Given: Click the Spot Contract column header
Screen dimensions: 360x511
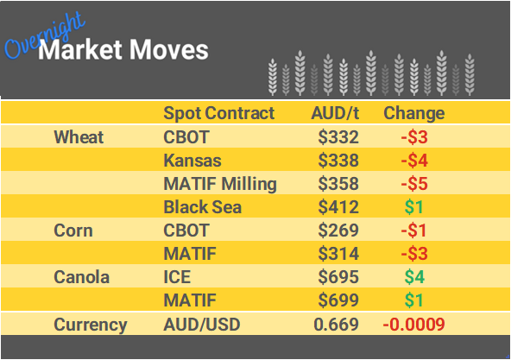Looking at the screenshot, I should (218, 113).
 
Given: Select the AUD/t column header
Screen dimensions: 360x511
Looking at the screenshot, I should (336, 113).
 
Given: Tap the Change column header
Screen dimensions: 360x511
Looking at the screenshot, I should (413, 113).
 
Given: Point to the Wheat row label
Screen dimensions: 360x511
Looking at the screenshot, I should (79, 136).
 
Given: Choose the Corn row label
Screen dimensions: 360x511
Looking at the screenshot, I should (73, 231).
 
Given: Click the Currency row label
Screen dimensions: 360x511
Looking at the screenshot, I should (91, 325).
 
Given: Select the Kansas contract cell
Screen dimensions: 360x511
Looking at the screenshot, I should (192, 161).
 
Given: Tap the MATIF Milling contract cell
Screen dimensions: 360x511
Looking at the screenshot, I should (219, 184).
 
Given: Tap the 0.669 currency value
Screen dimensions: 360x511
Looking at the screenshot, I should (338, 325).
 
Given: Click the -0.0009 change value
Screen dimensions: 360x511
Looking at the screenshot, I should (413, 325).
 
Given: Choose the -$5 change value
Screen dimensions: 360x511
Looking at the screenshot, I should (413, 184).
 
